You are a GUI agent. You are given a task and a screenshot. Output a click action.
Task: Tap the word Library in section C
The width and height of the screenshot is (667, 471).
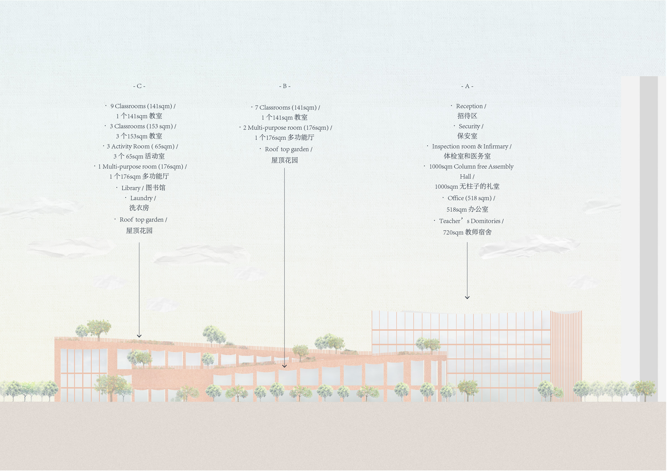[131, 188]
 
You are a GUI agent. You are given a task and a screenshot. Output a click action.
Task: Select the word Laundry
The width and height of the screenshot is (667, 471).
[141, 198]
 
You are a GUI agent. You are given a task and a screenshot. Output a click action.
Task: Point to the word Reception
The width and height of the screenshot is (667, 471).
[469, 106]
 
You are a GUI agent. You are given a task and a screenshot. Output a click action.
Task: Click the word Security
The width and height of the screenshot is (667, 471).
[469, 126]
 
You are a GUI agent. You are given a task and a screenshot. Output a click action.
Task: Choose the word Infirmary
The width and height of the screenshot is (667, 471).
[496, 146]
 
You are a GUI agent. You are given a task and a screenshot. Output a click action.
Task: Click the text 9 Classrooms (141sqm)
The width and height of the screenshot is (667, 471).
[141, 106]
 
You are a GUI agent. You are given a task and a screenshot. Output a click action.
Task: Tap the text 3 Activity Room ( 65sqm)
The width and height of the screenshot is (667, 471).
[141, 146]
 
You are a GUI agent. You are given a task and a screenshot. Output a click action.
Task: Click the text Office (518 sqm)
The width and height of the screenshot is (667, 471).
[470, 198]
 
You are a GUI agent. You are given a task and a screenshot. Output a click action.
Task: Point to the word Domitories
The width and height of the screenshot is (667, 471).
[485, 221]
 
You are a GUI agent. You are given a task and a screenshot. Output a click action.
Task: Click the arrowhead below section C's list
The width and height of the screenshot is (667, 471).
[139, 336]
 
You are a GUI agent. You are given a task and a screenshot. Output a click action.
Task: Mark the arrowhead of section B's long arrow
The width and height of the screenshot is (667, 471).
[284, 366]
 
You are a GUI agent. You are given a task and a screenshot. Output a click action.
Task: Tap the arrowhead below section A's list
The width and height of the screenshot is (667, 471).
[467, 297]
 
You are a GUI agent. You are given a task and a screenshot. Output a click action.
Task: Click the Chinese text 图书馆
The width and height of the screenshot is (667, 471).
[155, 188]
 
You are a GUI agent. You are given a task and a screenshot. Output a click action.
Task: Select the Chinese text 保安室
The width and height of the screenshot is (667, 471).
[467, 136]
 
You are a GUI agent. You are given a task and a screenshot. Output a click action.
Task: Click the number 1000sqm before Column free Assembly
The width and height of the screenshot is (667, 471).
[440, 167]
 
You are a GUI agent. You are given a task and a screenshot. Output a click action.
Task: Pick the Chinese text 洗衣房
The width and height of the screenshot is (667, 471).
[139, 208]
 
